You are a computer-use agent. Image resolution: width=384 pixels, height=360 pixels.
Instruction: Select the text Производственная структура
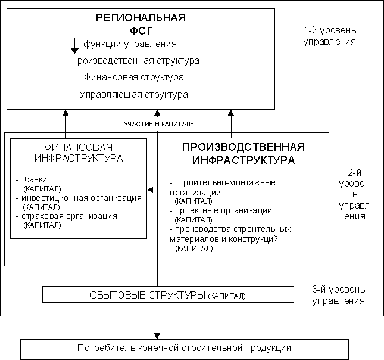pyautogui.click(x=135, y=61)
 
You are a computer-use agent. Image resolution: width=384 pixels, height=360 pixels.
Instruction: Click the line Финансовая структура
pyautogui.click(x=134, y=77)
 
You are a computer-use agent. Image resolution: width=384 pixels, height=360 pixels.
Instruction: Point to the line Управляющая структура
pyautogui.click(x=134, y=94)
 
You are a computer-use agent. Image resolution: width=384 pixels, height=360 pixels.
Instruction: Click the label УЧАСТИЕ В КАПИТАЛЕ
pyautogui.click(x=159, y=123)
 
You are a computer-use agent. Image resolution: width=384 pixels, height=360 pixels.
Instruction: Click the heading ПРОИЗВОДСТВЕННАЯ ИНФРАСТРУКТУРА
pyautogui.click(x=243, y=154)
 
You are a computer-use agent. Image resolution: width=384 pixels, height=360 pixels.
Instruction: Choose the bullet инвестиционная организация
pyautogui.click(x=82, y=198)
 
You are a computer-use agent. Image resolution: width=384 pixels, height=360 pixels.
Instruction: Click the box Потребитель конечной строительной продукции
pyautogui.click(x=185, y=348)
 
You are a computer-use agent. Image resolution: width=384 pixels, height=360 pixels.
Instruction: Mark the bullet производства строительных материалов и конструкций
pyautogui.click(x=230, y=234)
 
